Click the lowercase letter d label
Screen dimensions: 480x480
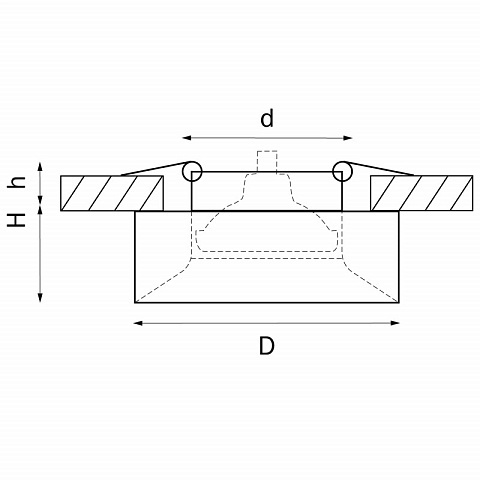point(267,118)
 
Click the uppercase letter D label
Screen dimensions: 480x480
point(267,346)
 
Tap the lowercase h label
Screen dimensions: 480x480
point(17,182)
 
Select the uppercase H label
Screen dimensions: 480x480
point(17,220)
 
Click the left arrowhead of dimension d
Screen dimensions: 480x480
point(187,138)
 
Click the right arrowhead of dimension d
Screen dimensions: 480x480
point(348,138)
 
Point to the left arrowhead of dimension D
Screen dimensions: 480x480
point(138,323)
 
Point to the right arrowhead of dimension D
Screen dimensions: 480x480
point(395,323)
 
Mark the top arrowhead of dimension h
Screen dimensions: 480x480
point(40,166)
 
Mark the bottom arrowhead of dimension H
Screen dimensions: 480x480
point(40,298)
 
